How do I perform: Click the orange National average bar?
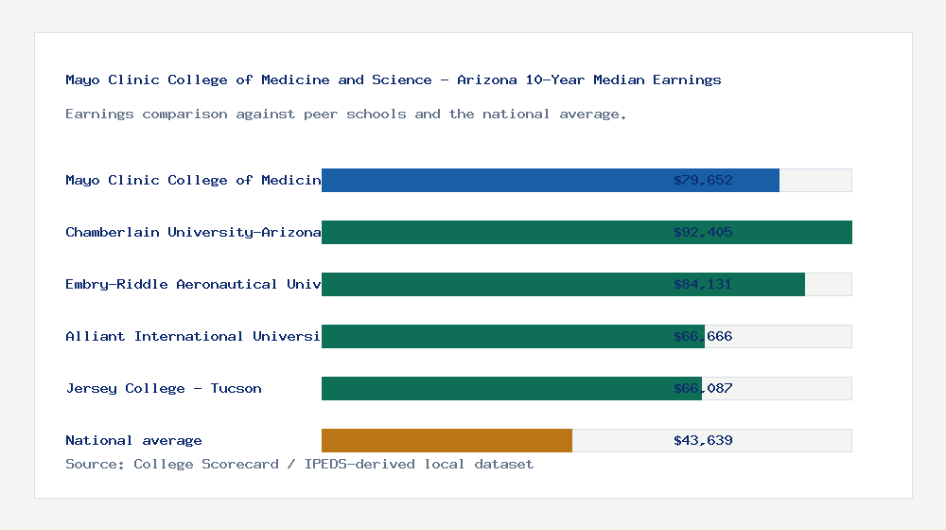click(x=447, y=440)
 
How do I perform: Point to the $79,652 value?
click(x=703, y=180)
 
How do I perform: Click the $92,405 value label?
click(x=703, y=232)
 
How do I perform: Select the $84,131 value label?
click(x=703, y=284)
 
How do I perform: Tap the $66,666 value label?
click(x=703, y=336)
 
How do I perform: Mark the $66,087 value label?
click(x=703, y=388)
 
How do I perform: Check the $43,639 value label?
click(x=703, y=440)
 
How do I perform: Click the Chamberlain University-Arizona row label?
click(x=193, y=232)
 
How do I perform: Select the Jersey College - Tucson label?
click(x=164, y=388)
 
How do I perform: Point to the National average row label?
click(x=133, y=440)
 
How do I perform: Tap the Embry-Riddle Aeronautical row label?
click(x=193, y=284)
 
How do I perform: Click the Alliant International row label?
click(x=193, y=336)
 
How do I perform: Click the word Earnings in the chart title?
click(x=687, y=79)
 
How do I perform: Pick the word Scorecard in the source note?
click(x=240, y=464)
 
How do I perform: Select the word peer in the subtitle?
click(x=321, y=114)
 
